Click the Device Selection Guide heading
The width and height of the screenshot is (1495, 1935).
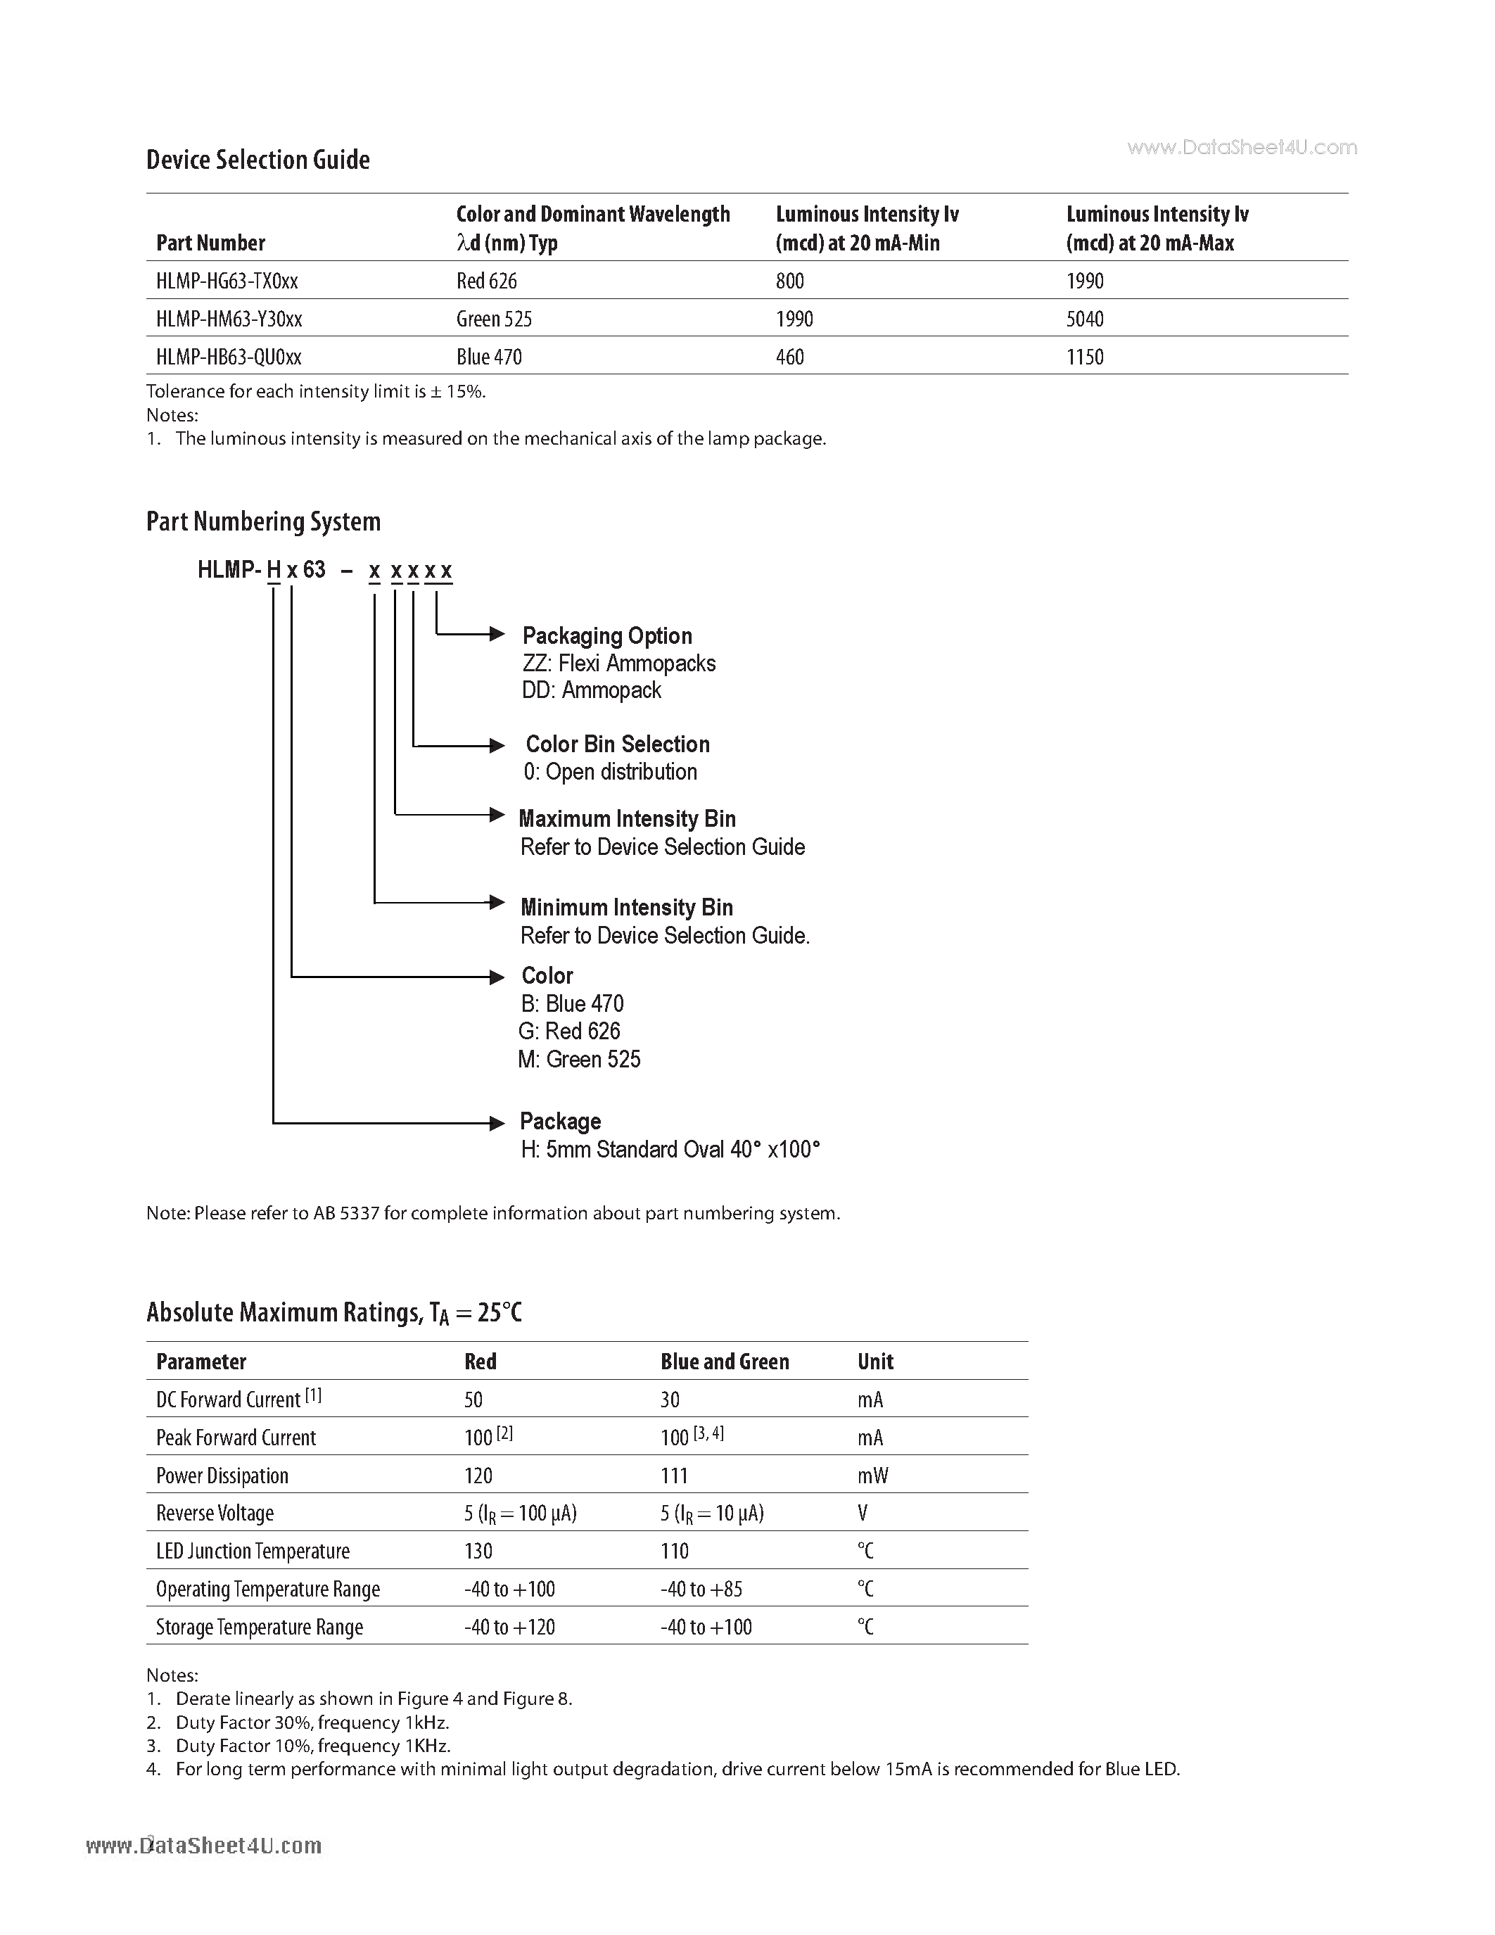(x=257, y=160)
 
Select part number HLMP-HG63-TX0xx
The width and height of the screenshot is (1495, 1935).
(x=227, y=281)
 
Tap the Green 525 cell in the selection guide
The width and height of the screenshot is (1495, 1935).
(x=494, y=319)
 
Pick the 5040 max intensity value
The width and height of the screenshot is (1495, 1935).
(x=1085, y=319)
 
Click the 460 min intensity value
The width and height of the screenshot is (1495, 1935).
(x=790, y=357)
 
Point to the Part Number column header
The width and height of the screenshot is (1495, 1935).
(x=211, y=243)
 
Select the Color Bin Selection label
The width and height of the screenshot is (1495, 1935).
(x=617, y=744)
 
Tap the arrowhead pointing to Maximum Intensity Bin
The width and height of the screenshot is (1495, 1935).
(x=497, y=814)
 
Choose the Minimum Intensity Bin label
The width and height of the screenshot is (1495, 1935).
(x=626, y=907)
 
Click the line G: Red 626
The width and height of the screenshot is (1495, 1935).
(x=569, y=1032)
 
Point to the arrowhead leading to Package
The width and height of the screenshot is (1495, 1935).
(x=497, y=1124)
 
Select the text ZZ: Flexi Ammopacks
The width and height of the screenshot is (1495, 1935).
(x=619, y=664)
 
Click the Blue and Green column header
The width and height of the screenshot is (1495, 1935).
(x=725, y=1362)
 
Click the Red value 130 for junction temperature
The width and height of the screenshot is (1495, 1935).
(x=478, y=1551)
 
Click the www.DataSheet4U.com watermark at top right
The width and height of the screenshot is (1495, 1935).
(x=1242, y=148)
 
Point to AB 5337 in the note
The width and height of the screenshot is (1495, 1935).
(x=346, y=1213)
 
